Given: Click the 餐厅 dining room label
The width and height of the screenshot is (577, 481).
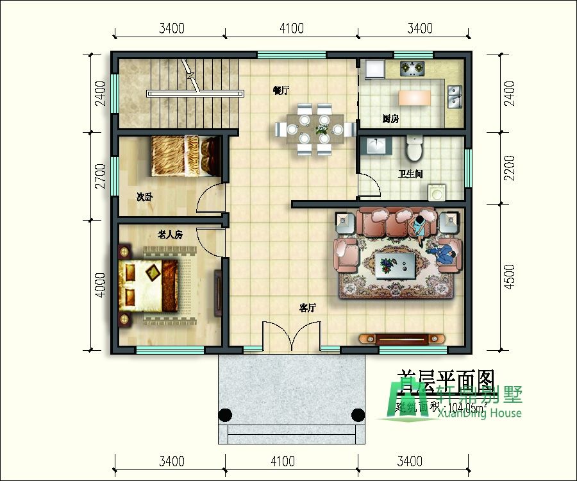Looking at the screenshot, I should tap(281, 90).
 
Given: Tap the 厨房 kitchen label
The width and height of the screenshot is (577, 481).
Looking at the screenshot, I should tap(390, 119).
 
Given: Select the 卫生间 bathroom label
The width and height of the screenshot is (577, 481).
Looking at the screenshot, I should tap(410, 174).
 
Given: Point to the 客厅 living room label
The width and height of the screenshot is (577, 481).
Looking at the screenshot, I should tap(308, 308).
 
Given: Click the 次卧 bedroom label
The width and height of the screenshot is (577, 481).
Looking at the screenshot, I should tap(144, 197).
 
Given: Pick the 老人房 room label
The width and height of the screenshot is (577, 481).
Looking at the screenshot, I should tap(170, 235).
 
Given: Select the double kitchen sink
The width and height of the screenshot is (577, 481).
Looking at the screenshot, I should tap(455, 96).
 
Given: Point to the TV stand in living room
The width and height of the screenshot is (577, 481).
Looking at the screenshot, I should tap(401, 338).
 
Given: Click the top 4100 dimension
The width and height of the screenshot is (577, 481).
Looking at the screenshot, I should tap(291, 28).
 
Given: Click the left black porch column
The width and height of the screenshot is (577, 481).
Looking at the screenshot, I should tap(225, 414).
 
